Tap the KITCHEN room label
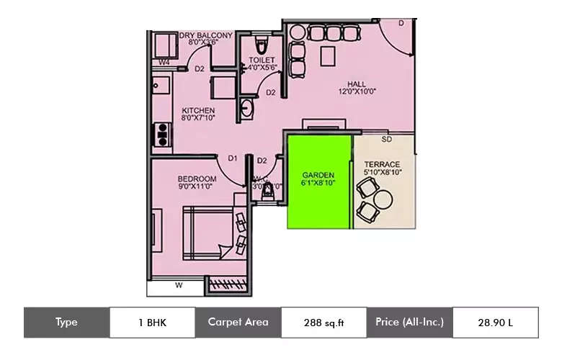[x=197, y=110]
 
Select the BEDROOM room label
[x=197, y=179]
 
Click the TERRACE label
[x=383, y=164]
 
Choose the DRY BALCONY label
[x=206, y=35]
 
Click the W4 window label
[x=164, y=63]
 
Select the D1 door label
[x=233, y=158]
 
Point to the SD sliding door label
[x=387, y=139]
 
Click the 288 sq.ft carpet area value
[x=324, y=323]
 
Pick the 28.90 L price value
[x=495, y=323]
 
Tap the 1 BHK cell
[x=152, y=323]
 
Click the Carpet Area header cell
[x=238, y=322]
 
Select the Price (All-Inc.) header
[x=409, y=322]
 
